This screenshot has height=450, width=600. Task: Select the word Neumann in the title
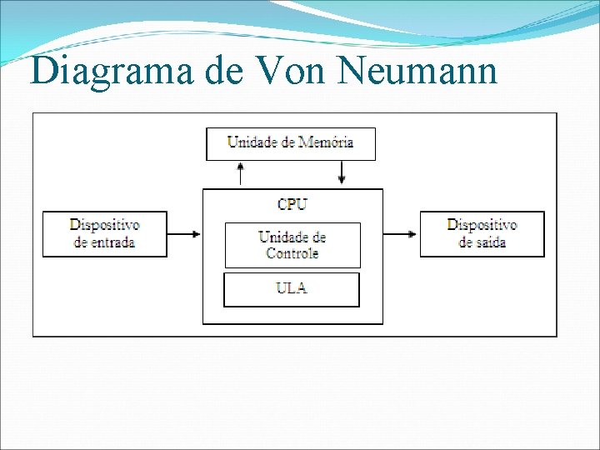point(418,72)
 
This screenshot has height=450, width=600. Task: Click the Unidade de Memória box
point(291,143)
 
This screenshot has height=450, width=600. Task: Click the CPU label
point(292,204)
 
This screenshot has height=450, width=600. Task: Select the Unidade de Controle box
point(292,245)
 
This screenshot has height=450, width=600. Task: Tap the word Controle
point(292,253)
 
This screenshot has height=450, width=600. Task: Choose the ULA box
point(292,289)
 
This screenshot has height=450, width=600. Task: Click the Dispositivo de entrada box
point(105,234)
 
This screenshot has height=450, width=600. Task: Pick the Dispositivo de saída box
point(482,234)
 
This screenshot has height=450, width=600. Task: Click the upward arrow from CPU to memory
point(241,173)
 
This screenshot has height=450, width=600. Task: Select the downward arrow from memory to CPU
point(342,173)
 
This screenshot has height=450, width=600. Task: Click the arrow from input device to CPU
point(185,234)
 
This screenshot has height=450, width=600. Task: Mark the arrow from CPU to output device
point(401,234)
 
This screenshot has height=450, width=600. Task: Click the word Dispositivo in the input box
point(105,225)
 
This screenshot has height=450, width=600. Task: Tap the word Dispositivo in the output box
point(482,225)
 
